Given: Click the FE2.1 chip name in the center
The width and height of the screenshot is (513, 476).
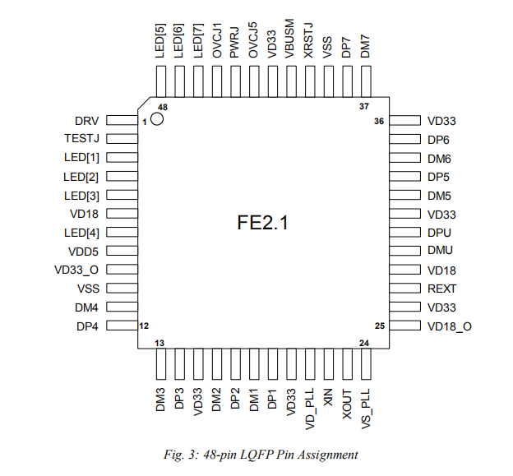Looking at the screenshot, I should click(262, 223).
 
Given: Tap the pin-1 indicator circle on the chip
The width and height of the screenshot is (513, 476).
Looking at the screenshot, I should click(157, 118).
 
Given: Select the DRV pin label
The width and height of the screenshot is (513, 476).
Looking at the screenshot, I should click(86, 121).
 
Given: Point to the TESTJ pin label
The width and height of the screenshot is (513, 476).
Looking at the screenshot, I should click(81, 139).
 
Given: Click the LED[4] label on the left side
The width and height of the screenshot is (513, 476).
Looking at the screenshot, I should click(81, 233).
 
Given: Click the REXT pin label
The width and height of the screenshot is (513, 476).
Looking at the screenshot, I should click(441, 289).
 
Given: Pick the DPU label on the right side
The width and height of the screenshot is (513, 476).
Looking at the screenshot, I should click(439, 233).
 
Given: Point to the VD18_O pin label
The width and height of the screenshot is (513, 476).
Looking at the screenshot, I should click(449, 326).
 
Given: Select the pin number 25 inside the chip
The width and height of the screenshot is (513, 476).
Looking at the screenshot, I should click(379, 326).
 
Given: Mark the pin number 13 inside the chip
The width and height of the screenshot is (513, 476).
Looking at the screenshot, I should click(159, 342).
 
